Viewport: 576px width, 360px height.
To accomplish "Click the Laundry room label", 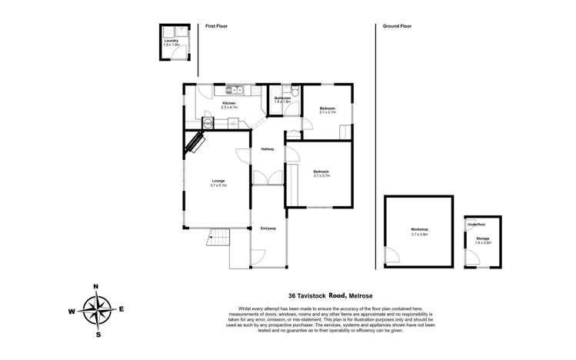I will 171,41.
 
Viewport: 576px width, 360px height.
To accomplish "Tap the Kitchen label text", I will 229,103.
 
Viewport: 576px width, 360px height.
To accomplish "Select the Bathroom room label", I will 282,98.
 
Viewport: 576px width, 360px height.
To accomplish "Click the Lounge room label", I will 218,181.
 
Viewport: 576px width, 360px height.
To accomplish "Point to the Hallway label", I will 268,148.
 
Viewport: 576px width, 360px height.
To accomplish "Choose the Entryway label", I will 268,228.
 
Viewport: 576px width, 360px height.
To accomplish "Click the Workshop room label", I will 419,230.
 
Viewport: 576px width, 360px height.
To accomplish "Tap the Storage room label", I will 482,238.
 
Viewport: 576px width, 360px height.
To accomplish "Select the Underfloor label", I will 476,224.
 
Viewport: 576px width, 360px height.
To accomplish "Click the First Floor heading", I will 216,26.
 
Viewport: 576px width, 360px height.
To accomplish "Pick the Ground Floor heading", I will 397,26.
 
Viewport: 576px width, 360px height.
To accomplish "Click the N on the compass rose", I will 96,287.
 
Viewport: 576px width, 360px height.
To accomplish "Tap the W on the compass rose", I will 72,312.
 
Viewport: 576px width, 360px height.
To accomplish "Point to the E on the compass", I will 122,309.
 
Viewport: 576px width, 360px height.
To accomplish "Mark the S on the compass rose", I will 98,335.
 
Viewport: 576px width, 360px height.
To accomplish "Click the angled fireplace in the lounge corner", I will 195,143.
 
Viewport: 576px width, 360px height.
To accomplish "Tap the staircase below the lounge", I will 219,237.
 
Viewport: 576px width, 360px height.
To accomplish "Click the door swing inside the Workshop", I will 393,255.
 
